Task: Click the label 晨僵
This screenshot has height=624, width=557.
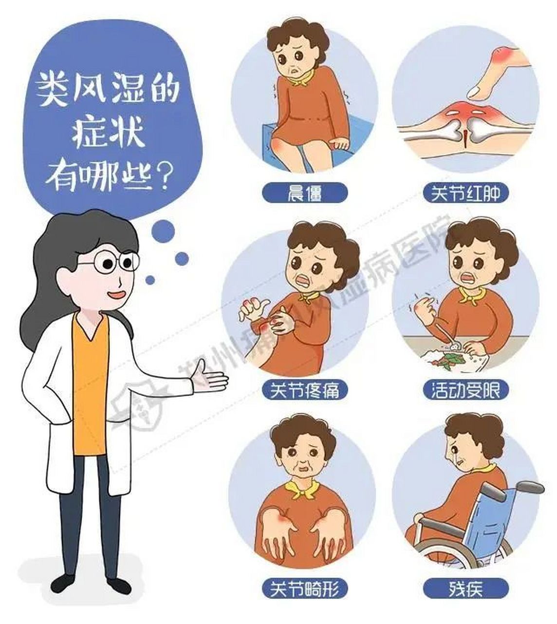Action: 305,194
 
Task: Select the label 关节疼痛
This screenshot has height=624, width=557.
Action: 305,390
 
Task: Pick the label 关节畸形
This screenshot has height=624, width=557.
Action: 305,589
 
